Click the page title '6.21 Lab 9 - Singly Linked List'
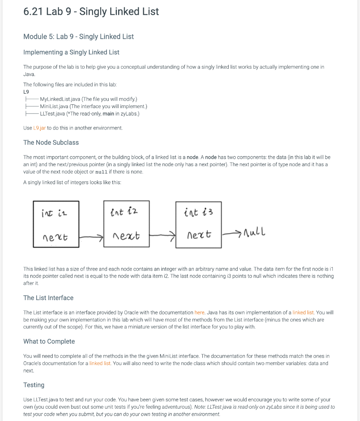point(91,12)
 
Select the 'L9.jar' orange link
point(39,128)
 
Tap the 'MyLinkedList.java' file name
point(60,99)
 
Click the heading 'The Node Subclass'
point(51,143)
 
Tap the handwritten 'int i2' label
point(124,212)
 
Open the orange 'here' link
point(199,312)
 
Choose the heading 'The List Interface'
point(48,298)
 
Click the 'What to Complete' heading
point(49,342)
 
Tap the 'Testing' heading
point(34,385)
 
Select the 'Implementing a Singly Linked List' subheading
point(71,52)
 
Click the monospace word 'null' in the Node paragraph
point(101,172)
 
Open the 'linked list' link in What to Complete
point(100,363)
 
